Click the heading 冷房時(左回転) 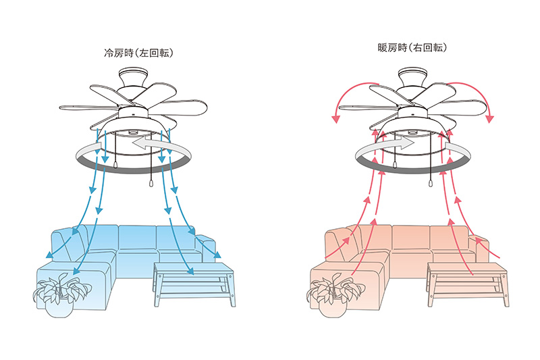pos(138,53)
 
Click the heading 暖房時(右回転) pos(412,47)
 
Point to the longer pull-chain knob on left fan pos(151,183)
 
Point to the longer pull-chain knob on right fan pos(431,183)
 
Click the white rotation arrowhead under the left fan pos(140,144)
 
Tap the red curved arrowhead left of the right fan pos(335,119)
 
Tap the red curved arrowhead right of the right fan pos(489,119)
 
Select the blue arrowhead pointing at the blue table pos(190,272)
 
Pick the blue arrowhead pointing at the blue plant pos(76,271)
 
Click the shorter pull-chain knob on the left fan pos(116,165)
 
